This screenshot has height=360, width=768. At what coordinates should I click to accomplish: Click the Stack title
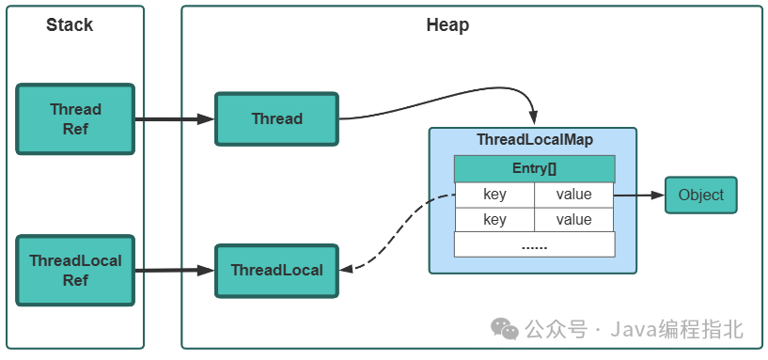pos(70,25)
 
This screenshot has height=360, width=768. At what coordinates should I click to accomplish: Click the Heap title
pos(447,25)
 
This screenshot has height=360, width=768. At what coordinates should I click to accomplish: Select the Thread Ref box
pos(75,119)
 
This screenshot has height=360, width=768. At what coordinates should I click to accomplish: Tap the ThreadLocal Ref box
pos(75,271)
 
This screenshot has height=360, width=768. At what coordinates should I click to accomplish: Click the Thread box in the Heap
pos(276,118)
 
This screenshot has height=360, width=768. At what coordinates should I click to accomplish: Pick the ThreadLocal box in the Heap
pos(276,271)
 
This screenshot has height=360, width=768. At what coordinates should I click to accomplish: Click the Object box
pos(701,196)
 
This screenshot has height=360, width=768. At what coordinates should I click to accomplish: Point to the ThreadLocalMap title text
pos(534,140)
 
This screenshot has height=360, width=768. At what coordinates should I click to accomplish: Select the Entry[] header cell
pos(534,169)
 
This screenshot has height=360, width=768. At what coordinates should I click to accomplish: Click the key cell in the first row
pos(494,195)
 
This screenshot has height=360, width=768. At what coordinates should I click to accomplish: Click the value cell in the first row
pos(573,195)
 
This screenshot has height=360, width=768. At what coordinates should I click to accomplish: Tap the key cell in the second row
pos(494,220)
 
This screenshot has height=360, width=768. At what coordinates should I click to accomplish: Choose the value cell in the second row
pos(573,220)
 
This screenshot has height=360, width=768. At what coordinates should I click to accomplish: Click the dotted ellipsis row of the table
pos(534,244)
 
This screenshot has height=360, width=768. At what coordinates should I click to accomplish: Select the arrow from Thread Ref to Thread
pos(174,119)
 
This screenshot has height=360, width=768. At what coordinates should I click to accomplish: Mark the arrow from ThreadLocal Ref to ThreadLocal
pos(174,271)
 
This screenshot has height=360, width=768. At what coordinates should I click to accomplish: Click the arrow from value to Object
pos(639,196)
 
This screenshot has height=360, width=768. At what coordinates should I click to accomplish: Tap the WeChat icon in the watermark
pos(505,329)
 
